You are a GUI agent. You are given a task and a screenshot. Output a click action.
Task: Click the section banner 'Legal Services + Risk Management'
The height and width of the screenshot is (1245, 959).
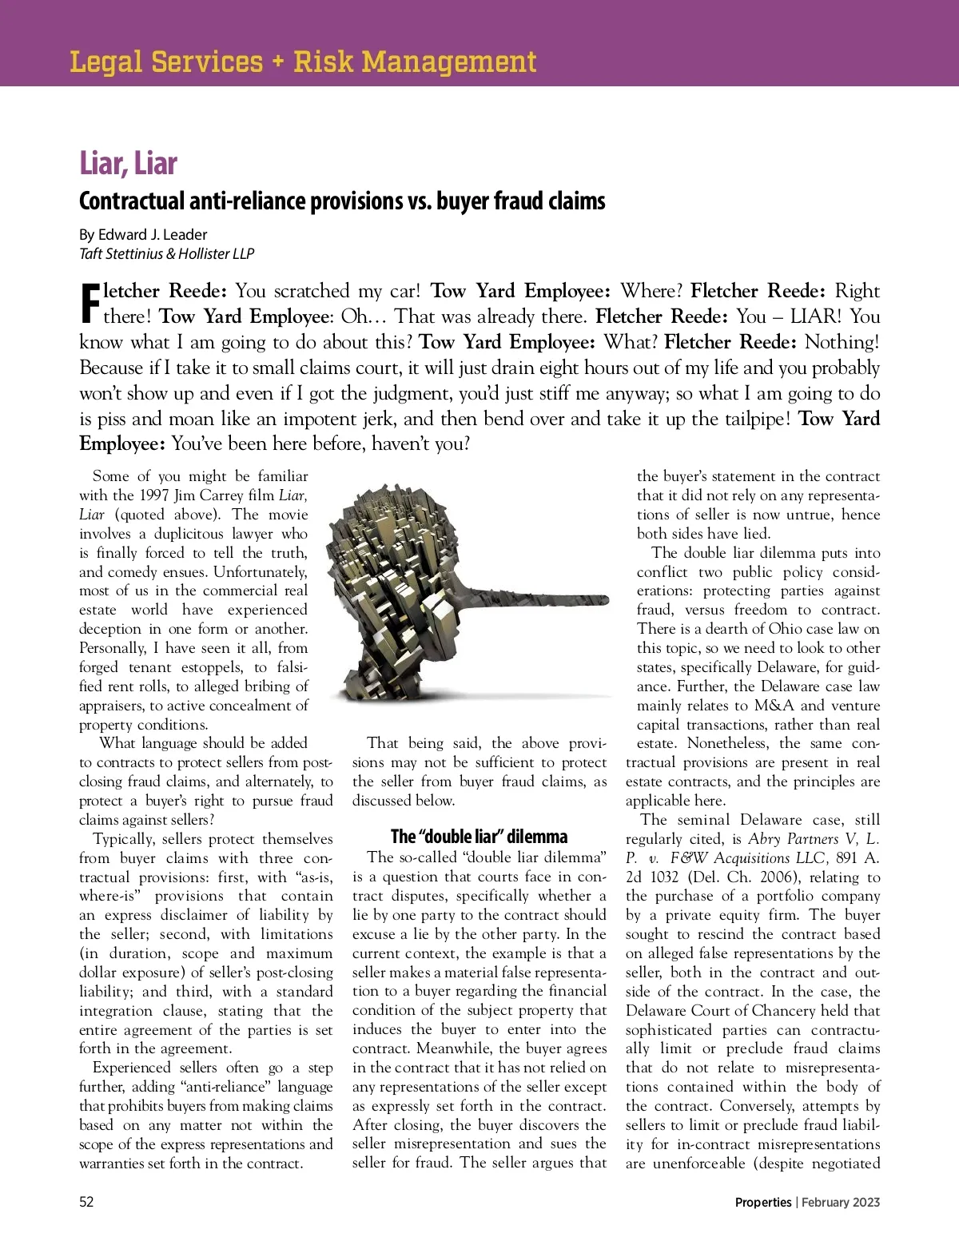pyautogui.click(x=303, y=62)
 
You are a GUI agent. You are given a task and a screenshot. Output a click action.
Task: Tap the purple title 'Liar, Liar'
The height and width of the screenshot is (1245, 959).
pyautogui.click(x=128, y=163)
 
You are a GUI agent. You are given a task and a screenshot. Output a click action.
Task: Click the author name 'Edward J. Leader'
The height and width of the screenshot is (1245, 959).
pyautogui.click(x=153, y=234)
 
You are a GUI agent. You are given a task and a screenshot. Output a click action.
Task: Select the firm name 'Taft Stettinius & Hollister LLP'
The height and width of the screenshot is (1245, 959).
pyautogui.click(x=166, y=253)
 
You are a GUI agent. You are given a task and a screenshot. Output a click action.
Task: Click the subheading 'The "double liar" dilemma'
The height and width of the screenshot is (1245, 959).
pyautogui.click(x=479, y=837)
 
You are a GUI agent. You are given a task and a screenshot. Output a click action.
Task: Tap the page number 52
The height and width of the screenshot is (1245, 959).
pyautogui.click(x=86, y=1202)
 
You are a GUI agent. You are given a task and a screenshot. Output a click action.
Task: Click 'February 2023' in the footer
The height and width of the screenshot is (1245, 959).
pyautogui.click(x=841, y=1202)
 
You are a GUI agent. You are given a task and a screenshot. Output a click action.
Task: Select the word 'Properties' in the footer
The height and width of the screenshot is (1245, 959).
pyautogui.click(x=763, y=1202)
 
